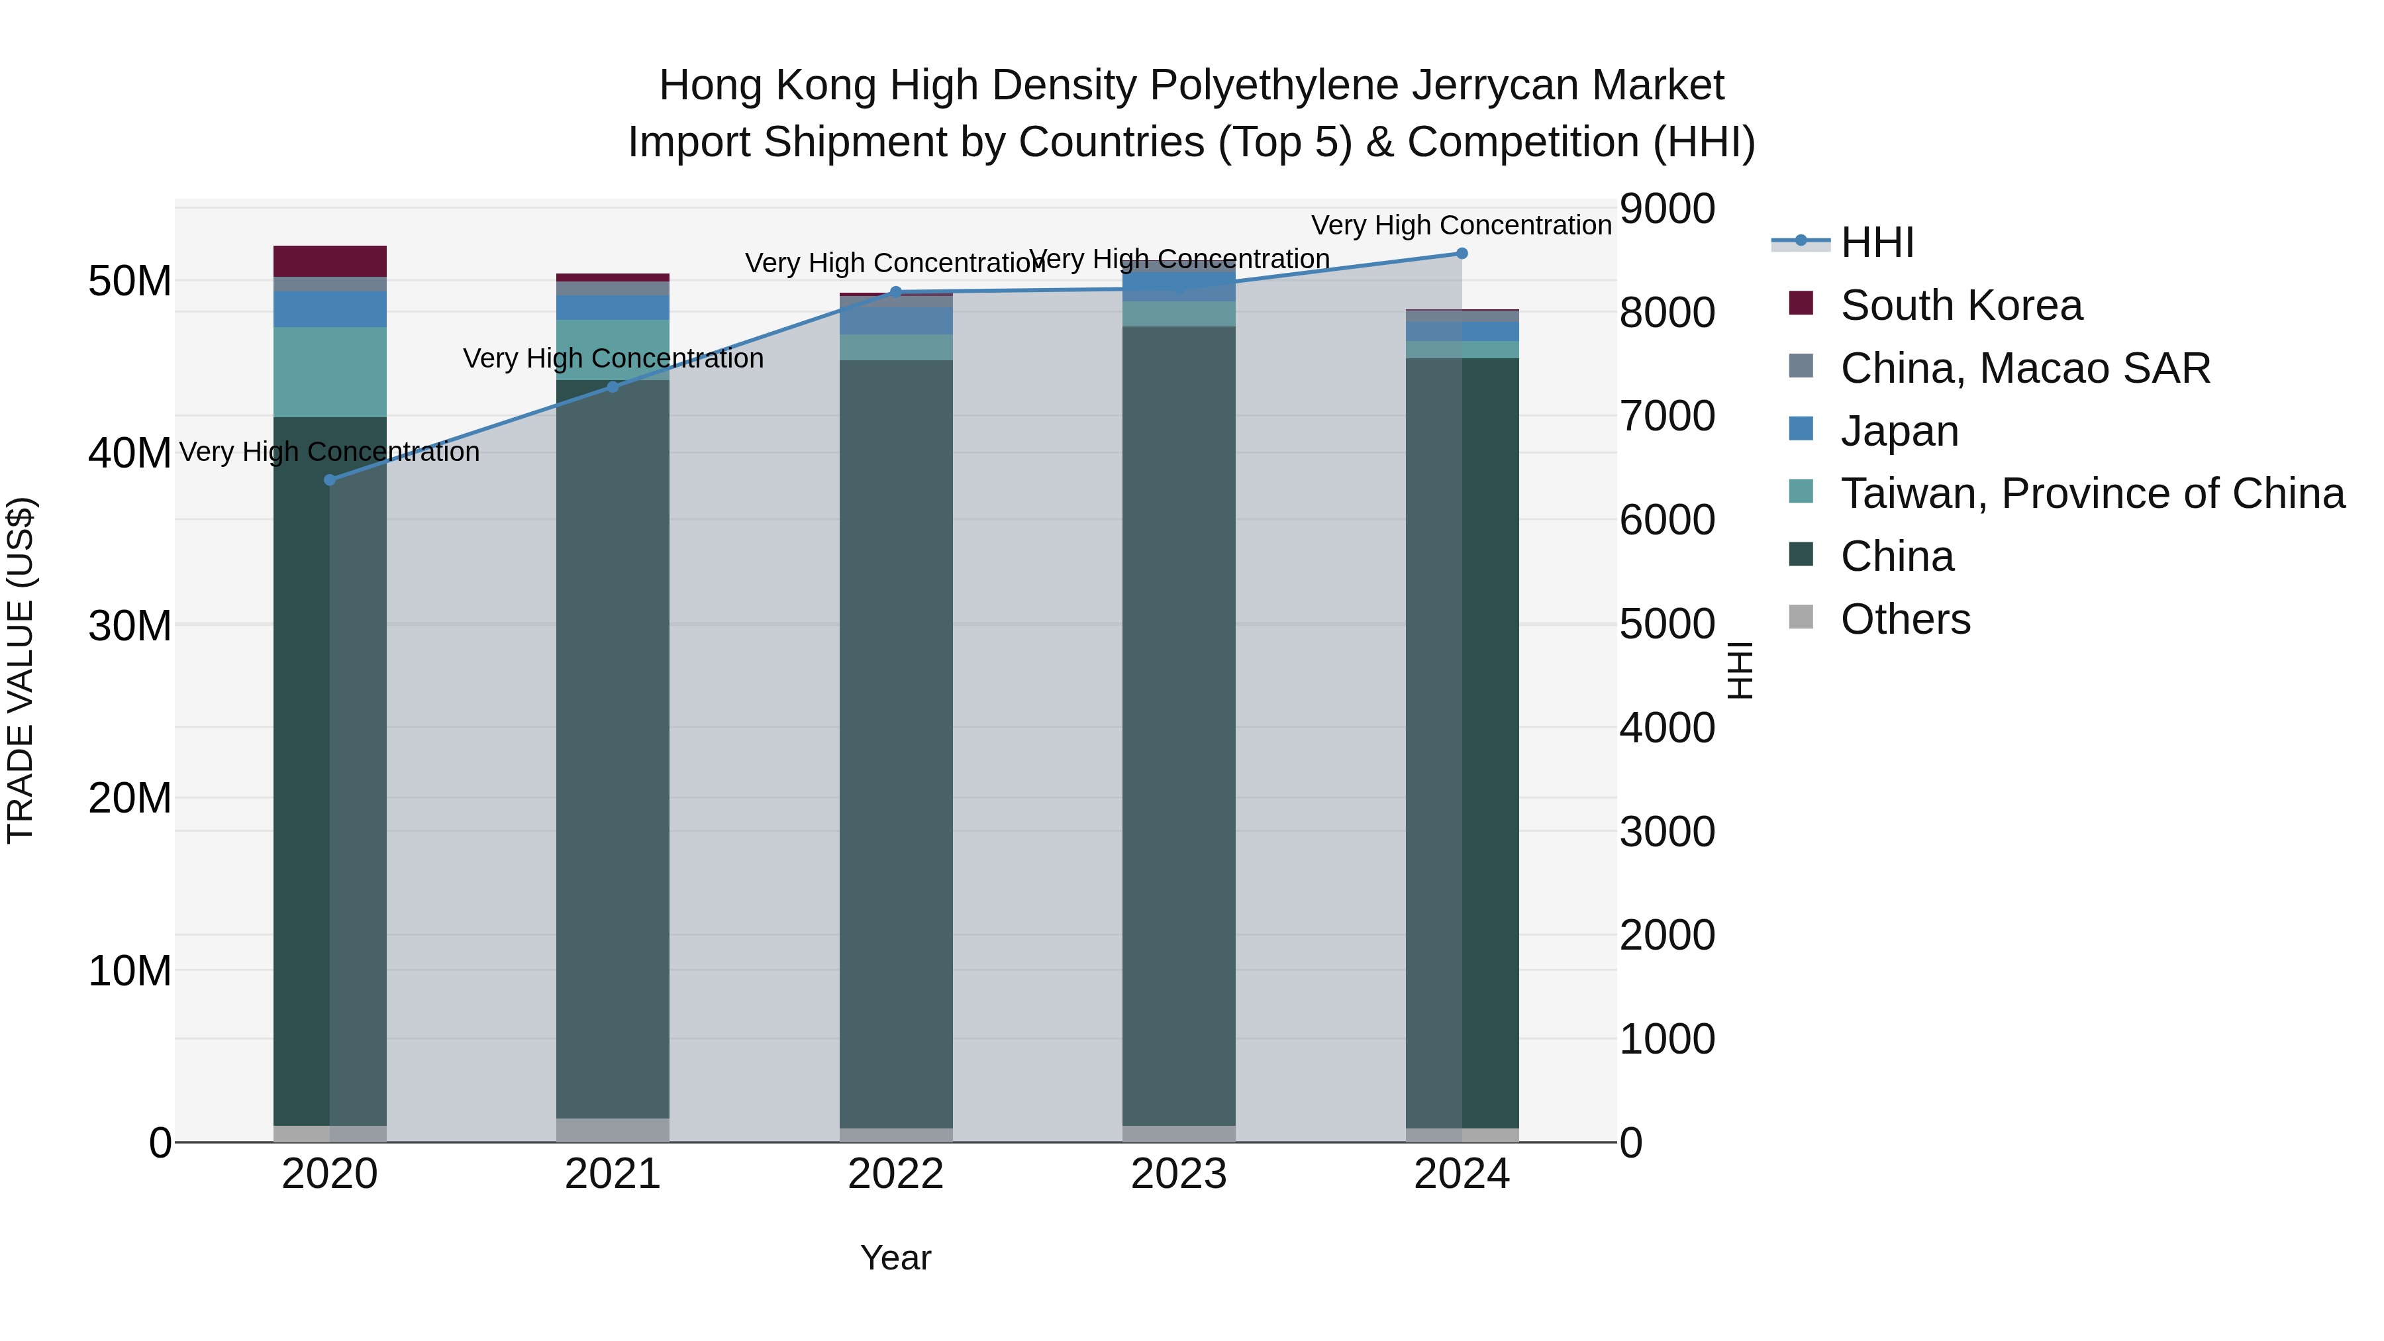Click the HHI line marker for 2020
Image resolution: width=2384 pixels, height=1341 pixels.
[x=330, y=479]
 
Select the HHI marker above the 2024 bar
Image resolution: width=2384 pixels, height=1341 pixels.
[x=1462, y=254]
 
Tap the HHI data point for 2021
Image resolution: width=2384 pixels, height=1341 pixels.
[x=613, y=387]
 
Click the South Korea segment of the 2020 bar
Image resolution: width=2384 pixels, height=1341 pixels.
[x=330, y=261]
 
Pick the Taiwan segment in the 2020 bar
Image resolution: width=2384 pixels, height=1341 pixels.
[x=330, y=372]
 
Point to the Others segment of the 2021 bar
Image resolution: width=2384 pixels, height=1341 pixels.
[x=613, y=1130]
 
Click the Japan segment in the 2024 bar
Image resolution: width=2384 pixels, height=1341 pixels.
[x=1462, y=331]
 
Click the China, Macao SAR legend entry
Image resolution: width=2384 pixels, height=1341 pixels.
[x=2025, y=368]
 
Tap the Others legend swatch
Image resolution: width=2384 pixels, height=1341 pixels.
[x=1801, y=617]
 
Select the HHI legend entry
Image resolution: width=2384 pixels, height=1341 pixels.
[x=1876, y=242]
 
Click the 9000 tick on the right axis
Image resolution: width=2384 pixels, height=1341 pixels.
[x=1667, y=209]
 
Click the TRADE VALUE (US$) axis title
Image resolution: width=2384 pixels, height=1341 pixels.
[x=21, y=670]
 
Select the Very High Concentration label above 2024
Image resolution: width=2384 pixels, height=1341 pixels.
[x=1462, y=225]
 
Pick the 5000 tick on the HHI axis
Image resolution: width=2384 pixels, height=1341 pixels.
[x=1667, y=624]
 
